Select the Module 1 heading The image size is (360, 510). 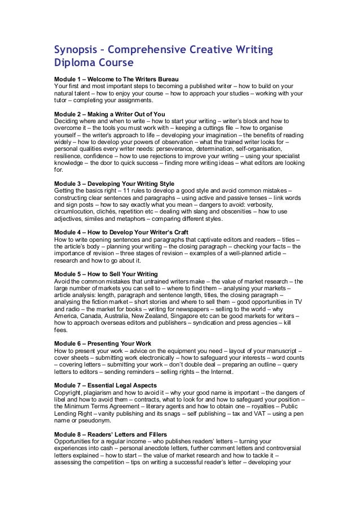pyautogui.click(x=116, y=78)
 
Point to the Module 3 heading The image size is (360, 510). pyautogui.click(x=114, y=184)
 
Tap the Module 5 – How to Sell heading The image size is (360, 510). pyautogui.click(x=106, y=274)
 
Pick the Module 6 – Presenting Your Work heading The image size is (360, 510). pyautogui.click(x=103, y=343)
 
